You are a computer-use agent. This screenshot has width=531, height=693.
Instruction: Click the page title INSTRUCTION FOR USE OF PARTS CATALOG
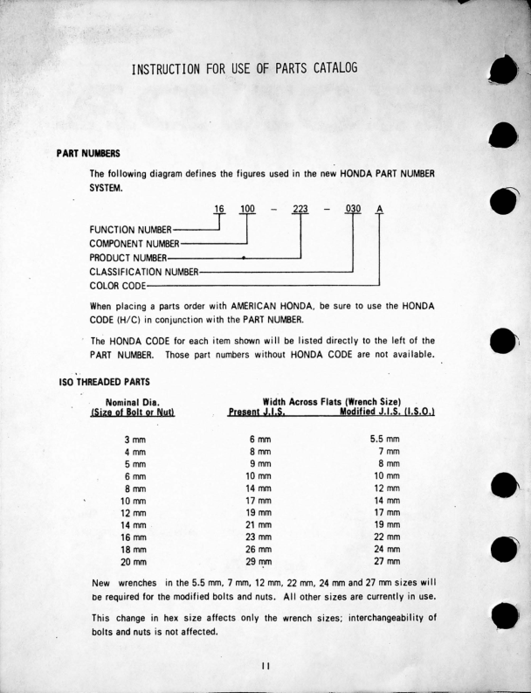click(x=244, y=68)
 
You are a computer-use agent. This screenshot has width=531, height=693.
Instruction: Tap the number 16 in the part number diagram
click(x=219, y=210)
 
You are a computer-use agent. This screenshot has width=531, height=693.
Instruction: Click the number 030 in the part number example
click(x=353, y=210)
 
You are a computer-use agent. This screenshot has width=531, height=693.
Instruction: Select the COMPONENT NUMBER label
click(x=134, y=243)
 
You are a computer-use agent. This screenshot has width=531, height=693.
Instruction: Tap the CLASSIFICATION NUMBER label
click(x=144, y=271)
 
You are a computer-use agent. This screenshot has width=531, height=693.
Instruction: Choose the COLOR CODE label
click(x=118, y=285)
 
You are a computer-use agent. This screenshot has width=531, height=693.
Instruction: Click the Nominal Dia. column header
click(x=132, y=401)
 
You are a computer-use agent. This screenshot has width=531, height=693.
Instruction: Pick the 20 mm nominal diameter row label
click(x=133, y=561)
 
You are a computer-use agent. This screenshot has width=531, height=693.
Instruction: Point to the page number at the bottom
click(x=265, y=666)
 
